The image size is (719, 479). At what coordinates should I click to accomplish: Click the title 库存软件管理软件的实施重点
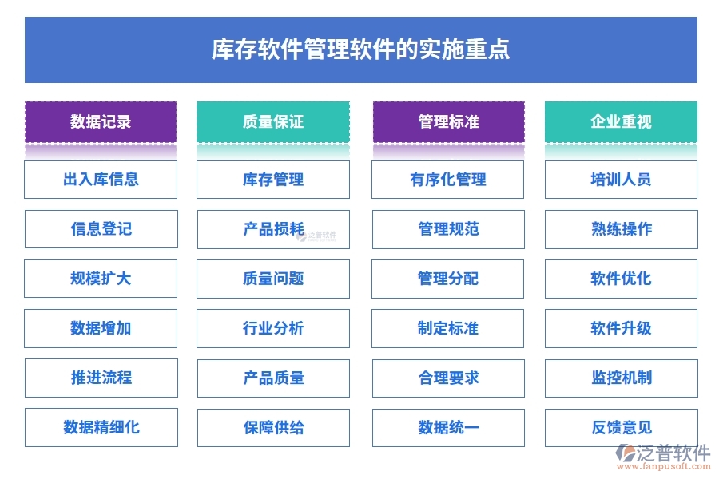pyautogui.click(x=360, y=50)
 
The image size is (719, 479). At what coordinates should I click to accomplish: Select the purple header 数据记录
pyautogui.click(x=101, y=122)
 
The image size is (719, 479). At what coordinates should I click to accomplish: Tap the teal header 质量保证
pyautogui.click(x=273, y=122)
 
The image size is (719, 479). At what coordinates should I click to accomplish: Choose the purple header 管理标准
pyautogui.click(x=448, y=122)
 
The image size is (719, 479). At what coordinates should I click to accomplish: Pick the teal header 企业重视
pyautogui.click(x=621, y=122)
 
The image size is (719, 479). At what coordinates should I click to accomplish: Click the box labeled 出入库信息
pyautogui.click(x=101, y=180)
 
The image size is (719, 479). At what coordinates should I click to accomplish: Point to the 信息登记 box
pyautogui.click(x=101, y=229)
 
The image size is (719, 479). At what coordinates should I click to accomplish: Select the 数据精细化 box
pyautogui.click(x=101, y=427)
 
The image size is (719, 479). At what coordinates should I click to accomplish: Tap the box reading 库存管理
pyautogui.click(x=273, y=180)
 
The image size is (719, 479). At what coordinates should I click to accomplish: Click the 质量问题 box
pyautogui.click(x=273, y=279)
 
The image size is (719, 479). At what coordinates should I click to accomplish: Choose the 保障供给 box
pyautogui.click(x=273, y=427)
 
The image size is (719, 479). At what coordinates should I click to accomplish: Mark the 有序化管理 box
pyautogui.click(x=448, y=180)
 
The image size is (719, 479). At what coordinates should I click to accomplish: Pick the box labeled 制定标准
pyautogui.click(x=448, y=328)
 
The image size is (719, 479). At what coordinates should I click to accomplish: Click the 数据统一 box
pyautogui.click(x=448, y=427)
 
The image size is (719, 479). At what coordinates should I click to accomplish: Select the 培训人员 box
pyautogui.click(x=621, y=180)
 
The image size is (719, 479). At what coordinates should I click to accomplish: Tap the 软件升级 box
pyautogui.click(x=621, y=328)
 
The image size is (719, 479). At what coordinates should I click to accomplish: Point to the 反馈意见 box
pyautogui.click(x=621, y=427)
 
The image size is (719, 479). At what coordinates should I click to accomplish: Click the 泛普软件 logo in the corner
pyautogui.click(x=662, y=457)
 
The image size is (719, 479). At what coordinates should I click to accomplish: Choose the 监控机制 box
pyautogui.click(x=621, y=378)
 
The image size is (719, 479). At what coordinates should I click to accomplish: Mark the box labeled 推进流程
pyautogui.click(x=101, y=378)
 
